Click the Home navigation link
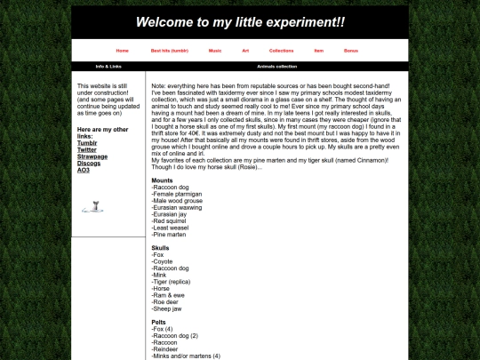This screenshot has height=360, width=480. [122, 51]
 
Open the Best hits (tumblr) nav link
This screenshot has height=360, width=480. [170, 51]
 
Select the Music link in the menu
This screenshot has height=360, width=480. [215, 51]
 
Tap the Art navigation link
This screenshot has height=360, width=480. [245, 51]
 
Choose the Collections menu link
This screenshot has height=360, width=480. [281, 51]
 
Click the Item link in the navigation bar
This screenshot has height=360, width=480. [319, 51]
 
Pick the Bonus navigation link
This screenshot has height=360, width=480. [351, 51]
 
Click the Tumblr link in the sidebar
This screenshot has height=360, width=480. [87, 142]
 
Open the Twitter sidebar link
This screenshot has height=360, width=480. [87, 149]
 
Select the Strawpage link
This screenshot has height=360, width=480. [92, 156]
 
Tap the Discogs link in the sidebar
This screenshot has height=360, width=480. [89, 163]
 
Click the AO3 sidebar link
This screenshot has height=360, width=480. [84, 170]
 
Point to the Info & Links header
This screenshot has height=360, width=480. [108, 67]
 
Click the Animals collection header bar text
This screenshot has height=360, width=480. [277, 67]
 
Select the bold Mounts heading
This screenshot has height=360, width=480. [163, 180]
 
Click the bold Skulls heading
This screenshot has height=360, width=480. [160, 248]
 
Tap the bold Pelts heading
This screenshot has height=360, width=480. [159, 322]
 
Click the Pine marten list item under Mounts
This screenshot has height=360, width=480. [170, 234]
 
